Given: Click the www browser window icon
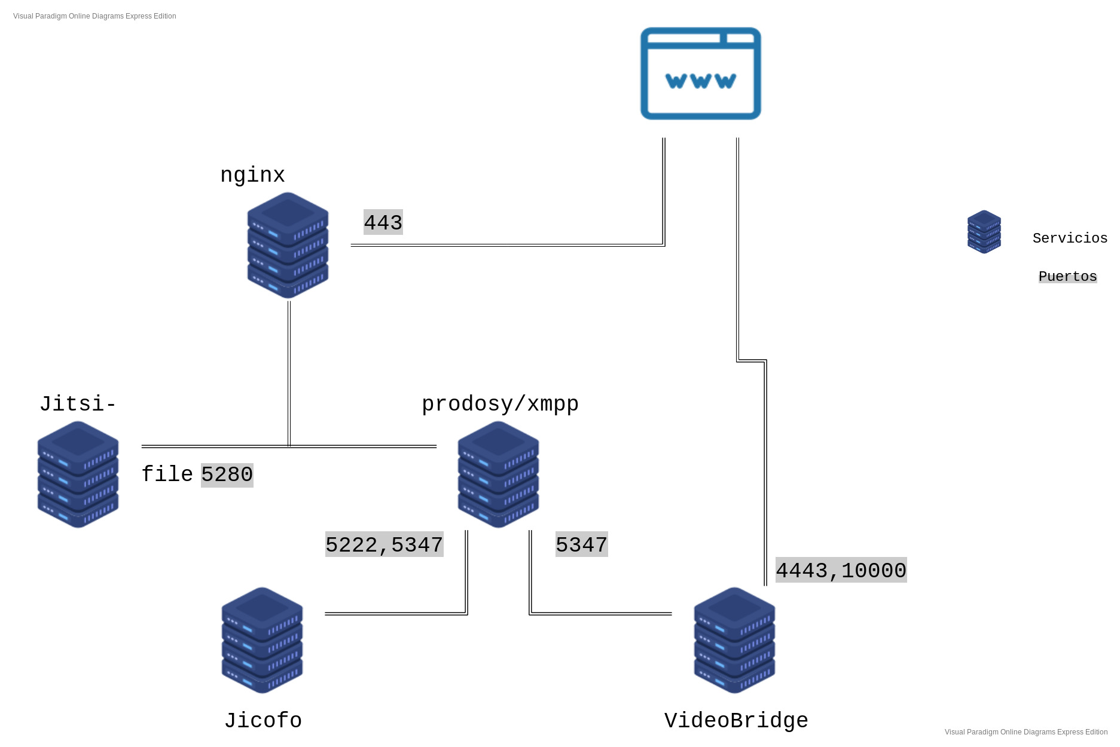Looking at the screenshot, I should pos(700,74).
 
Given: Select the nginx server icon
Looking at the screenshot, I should pos(288,245).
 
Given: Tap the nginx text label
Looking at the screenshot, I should pos(252,174).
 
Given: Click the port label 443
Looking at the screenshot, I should pos(383,222).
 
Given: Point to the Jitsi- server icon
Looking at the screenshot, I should pos(78,474).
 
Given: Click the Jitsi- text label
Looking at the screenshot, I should pos(78,404).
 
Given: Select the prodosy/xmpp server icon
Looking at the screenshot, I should pos(498,474).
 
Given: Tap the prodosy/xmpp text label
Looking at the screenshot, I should pos(500,404).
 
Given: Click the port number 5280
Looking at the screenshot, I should pos(227,474).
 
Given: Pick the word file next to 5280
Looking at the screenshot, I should pos(167,474).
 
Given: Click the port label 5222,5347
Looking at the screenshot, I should pos(384,544).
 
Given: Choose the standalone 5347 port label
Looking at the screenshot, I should pos(581,544).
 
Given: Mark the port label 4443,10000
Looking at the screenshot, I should pos(841,570).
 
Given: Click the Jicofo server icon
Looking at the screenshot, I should pos(262,640).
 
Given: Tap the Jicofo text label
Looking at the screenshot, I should pos(263,721).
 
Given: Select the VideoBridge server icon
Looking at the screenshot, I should pos(734,640).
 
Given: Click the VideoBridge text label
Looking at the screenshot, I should pos(736,721).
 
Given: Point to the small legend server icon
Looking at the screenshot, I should pos(984,232).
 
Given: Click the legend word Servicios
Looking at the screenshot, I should pos(1070,238).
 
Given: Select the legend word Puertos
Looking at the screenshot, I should pos(1067,276).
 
